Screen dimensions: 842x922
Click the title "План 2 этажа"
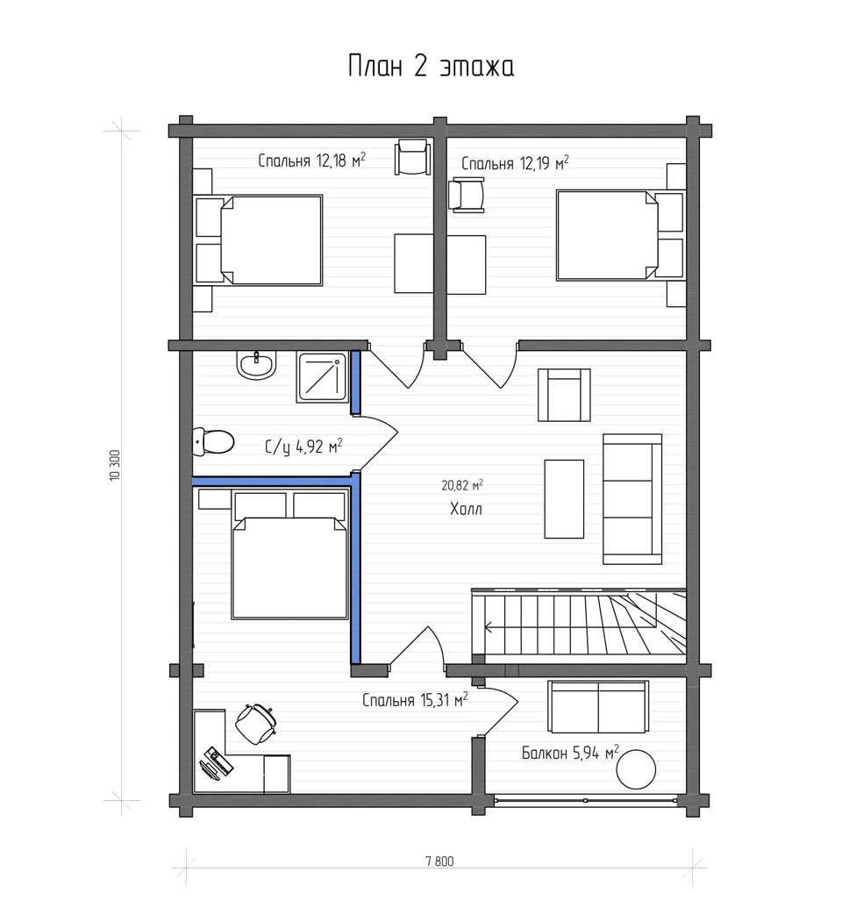point(431,66)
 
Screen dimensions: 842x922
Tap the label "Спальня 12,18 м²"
point(311,161)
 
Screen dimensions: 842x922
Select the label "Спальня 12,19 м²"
point(515,163)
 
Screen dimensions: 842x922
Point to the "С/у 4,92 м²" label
point(304,447)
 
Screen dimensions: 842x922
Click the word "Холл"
point(466,509)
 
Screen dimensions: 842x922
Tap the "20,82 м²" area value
point(462,485)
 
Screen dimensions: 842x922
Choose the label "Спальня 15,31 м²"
point(415,700)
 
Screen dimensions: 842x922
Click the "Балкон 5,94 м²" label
point(570,753)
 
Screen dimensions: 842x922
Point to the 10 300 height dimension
point(115,467)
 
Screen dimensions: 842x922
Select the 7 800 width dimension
point(439,862)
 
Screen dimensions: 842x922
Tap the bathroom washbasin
point(257,365)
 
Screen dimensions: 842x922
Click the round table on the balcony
point(636,769)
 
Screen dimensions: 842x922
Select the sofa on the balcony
point(598,707)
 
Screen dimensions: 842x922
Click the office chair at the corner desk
point(256,723)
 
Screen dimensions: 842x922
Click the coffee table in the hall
point(565,498)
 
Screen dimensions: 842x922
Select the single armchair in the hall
point(565,395)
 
